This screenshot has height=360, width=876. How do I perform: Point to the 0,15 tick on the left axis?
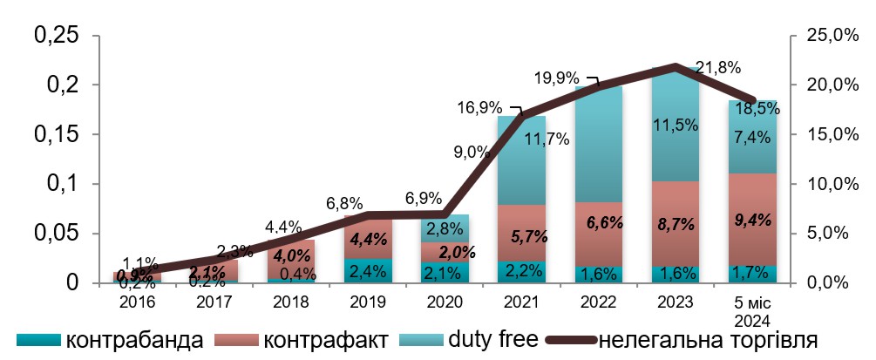55,135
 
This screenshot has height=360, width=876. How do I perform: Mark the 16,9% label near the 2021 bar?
479,108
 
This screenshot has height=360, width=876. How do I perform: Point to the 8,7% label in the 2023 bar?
675,224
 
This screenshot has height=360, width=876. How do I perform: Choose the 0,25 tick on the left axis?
55,36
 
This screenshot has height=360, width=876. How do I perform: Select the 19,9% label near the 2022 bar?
555,79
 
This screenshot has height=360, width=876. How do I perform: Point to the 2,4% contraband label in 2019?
368,271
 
